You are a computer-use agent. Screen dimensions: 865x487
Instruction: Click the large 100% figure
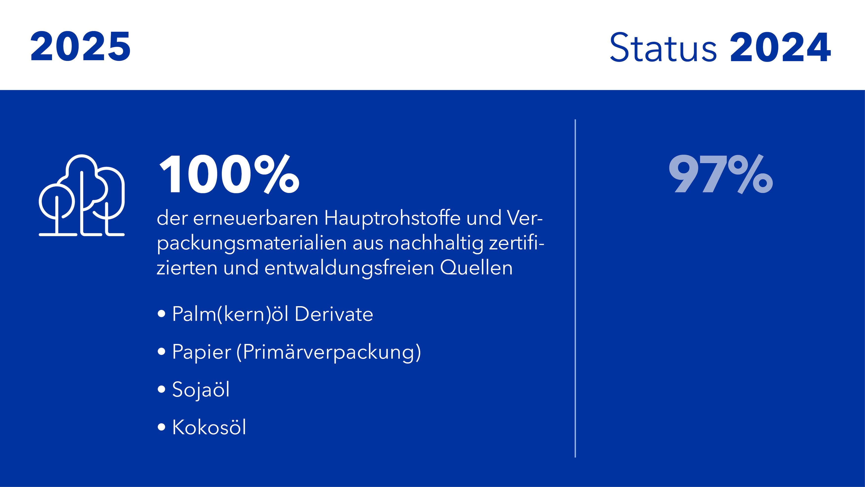pos(229,174)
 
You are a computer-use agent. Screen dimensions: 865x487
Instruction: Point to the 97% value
pos(721,174)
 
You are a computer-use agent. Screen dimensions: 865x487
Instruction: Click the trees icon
pos(82,195)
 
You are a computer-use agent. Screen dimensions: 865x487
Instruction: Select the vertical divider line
pos(575,288)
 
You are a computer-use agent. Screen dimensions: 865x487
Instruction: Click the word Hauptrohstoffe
pos(392,218)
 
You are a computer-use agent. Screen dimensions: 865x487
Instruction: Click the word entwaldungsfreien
pos(349,268)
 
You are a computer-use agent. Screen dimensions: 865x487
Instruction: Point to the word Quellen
pos(476,268)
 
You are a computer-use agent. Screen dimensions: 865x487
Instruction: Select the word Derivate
pos(334,314)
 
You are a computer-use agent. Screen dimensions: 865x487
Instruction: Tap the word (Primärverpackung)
pos(328,352)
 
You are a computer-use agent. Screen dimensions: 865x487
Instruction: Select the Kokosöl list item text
pos(209,427)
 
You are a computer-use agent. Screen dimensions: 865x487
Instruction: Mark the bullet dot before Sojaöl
pos(162,390)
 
